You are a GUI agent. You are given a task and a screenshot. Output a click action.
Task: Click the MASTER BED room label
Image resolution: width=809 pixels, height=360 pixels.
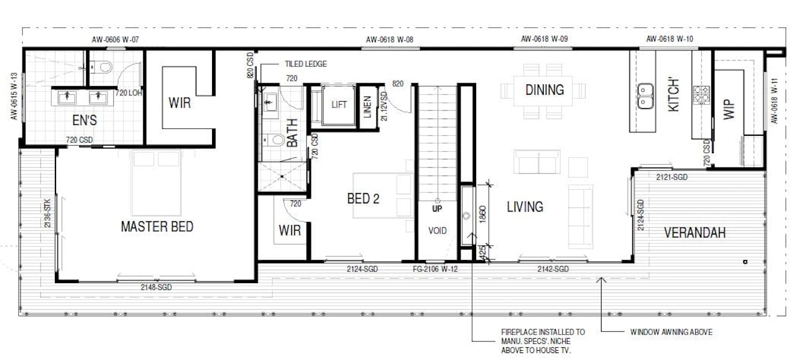(157, 227)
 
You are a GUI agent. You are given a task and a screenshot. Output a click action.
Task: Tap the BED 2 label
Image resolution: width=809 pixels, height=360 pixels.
(363, 199)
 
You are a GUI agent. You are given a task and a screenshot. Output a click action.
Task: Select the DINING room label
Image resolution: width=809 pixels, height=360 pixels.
(544, 90)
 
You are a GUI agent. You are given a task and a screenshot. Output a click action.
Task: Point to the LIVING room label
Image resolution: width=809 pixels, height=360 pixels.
(525, 207)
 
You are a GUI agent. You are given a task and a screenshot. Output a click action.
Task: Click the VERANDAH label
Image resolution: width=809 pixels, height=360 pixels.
(695, 233)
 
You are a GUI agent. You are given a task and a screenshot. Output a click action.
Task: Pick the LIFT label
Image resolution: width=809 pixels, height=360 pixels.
(339, 105)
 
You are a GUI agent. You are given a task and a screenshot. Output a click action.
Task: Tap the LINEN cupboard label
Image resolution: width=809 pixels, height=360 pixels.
(368, 107)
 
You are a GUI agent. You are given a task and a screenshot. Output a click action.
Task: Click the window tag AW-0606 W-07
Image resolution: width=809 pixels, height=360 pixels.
(115, 39)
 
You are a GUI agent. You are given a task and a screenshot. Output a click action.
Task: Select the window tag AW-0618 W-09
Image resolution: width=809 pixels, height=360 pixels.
(544, 39)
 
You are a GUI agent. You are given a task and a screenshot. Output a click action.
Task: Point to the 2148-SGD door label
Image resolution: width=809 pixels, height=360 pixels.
(156, 287)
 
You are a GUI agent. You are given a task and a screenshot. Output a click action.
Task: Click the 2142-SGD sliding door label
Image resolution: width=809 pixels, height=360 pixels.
(553, 269)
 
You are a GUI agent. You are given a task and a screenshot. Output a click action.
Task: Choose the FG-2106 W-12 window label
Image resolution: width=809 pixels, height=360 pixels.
(435, 269)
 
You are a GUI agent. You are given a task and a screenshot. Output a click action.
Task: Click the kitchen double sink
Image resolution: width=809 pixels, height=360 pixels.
(645, 96)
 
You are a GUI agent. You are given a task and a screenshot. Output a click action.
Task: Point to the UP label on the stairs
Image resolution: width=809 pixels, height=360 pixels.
(437, 209)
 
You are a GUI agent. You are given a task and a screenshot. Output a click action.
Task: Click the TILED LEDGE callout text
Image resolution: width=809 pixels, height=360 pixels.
(306, 64)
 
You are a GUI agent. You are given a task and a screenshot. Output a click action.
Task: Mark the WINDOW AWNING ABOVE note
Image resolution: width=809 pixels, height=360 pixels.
(671, 332)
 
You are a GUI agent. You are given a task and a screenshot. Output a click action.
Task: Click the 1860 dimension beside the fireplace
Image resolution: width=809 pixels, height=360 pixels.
(483, 214)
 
